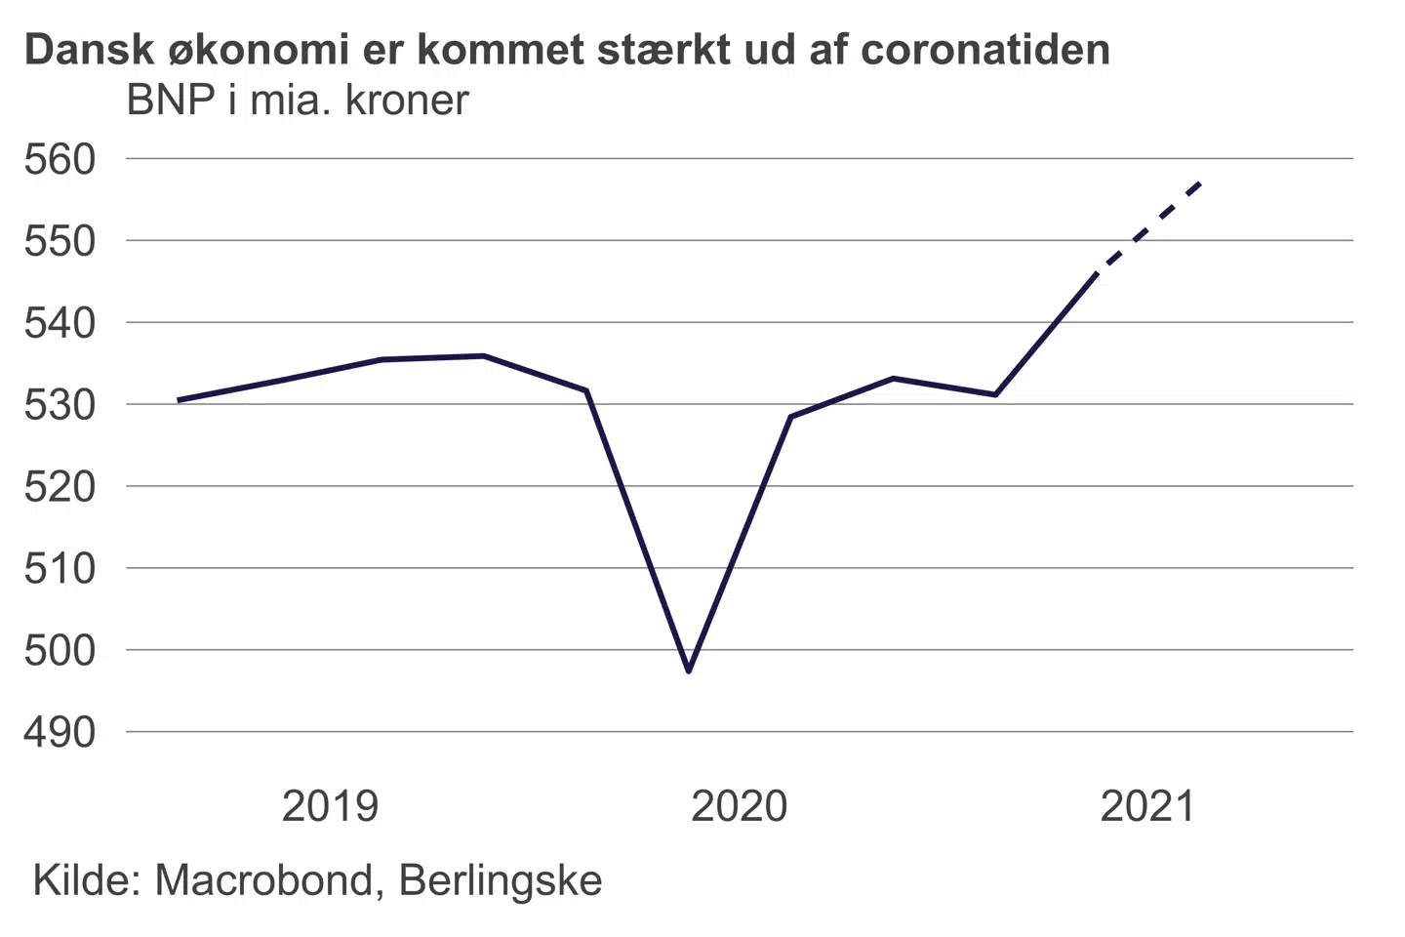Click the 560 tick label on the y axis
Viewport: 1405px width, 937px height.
(x=60, y=159)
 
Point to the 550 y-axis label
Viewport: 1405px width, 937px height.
(x=60, y=241)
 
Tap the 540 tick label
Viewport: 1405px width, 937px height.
(x=60, y=323)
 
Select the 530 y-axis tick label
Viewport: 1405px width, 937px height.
(x=60, y=405)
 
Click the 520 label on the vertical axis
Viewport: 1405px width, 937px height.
(x=60, y=486)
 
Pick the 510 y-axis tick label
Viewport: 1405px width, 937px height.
(x=60, y=568)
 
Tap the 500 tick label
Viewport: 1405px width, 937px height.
(x=60, y=650)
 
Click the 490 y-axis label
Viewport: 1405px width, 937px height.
(x=60, y=732)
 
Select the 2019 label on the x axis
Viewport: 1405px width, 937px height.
(x=330, y=807)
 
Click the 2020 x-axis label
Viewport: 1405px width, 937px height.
(x=739, y=807)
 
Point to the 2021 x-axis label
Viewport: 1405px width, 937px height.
(x=1147, y=807)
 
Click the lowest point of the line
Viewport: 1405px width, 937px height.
(x=689, y=672)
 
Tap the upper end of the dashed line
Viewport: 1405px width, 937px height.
(x=1201, y=183)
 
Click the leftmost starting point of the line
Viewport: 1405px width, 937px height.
(x=179, y=400)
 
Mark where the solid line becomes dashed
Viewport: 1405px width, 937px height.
(x=1097, y=274)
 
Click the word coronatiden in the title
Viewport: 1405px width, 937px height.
(x=985, y=50)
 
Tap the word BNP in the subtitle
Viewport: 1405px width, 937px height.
(x=171, y=101)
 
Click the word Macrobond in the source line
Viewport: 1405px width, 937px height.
(x=263, y=880)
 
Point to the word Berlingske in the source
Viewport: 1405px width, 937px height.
(x=501, y=880)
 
